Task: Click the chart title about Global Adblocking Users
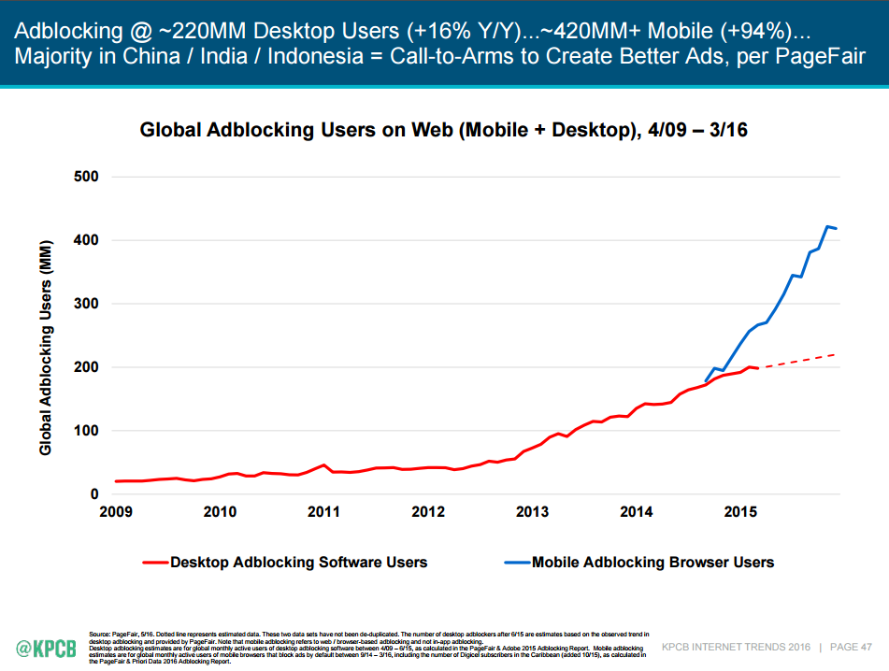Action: (443, 130)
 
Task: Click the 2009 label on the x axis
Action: (115, 512)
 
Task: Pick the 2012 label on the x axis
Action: (428, 512)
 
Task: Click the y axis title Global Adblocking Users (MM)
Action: (45, 348)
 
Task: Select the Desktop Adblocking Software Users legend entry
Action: (298, 563)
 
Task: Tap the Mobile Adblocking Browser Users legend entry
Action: (652, 563)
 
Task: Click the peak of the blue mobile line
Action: (827, 226)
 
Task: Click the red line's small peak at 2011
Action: (323, 464)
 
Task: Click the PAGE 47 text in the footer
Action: (852, 647)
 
